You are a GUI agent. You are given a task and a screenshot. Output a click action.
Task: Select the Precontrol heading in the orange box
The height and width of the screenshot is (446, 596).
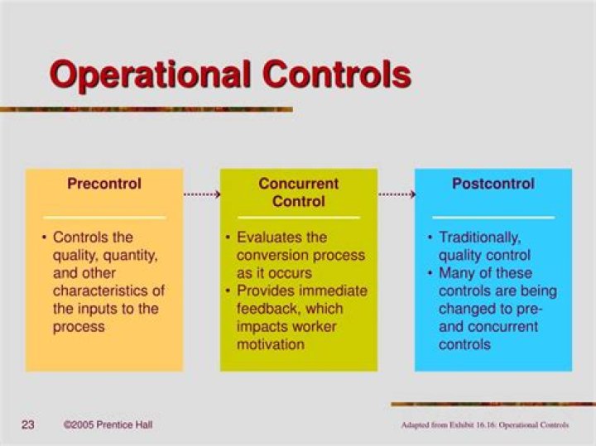tap(104, 184)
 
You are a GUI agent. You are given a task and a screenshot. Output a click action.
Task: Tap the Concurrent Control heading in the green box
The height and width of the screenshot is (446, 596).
tap(298, 192)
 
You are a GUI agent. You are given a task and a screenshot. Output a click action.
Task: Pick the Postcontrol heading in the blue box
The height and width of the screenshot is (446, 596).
tap(493, 184)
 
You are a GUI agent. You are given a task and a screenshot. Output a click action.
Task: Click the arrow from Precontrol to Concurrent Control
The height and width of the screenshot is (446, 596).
tap(201, 195)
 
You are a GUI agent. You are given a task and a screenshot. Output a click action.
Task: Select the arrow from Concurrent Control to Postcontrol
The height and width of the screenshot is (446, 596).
tap(397, 195)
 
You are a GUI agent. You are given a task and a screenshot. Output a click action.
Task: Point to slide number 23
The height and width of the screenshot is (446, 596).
tap(27, 425)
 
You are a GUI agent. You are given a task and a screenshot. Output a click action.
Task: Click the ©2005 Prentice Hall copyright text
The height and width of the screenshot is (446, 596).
tap(108, 425)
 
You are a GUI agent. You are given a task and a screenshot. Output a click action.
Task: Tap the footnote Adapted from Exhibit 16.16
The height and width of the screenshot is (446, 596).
tap(484, 426)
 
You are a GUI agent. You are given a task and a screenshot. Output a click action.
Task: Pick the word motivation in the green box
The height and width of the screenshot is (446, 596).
tap(270, 344)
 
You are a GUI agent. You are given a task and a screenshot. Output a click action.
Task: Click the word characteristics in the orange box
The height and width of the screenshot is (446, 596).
tap(108, 291)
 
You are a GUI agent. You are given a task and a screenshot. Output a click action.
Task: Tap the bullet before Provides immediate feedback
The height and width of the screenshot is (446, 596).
tap(228, 291)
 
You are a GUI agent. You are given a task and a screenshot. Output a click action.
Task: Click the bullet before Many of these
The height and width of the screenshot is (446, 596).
tap(431, 273)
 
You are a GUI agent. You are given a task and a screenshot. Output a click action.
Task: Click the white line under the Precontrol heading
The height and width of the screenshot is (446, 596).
tap(104, 218)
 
